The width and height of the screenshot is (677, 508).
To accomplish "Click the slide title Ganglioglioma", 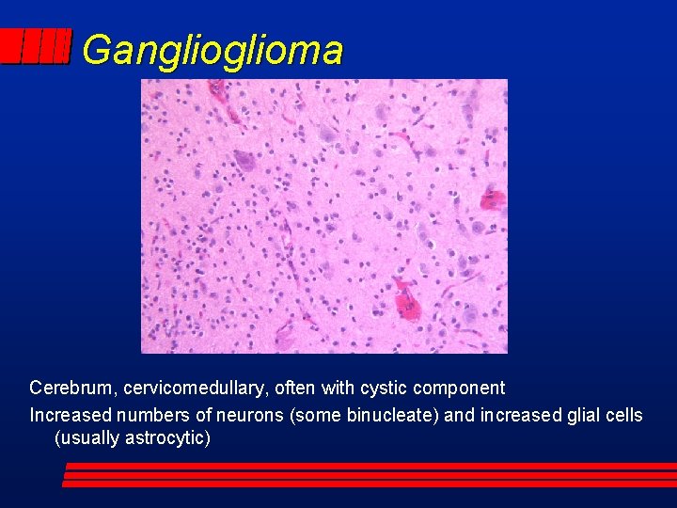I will [x=213, y=50].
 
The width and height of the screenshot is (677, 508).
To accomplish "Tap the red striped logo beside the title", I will [x=35, y=46].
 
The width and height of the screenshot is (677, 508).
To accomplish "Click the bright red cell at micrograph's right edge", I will [x=492, y=199].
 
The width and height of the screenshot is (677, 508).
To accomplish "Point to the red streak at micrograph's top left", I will [x=219, y=91].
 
